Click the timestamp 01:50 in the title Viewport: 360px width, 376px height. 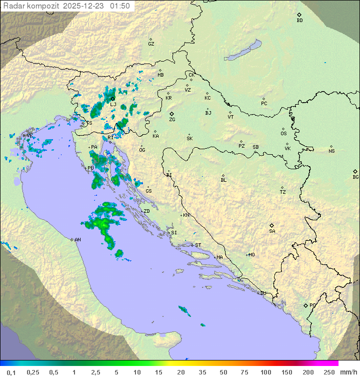point(120,6)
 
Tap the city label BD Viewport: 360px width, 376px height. point(299,21)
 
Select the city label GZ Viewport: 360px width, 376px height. point(151,44)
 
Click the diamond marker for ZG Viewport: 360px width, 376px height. point(171,114)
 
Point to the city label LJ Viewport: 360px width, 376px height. point(113,105)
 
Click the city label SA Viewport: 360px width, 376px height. point(272,231)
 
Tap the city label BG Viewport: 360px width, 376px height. point(355,177)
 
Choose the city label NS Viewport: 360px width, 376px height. point(331,151)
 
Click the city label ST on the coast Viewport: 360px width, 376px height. point(198,245)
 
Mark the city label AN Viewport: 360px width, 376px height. point(77,240)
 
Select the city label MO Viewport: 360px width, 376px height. point(251,255)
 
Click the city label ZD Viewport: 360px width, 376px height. point(146,211)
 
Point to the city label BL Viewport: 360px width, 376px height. point(223,180)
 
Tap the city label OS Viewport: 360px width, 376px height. point(283,134)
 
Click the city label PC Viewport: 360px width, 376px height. point(264,104)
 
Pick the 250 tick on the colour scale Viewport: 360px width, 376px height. point(328,372)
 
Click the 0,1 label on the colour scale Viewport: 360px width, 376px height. point(11,372)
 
